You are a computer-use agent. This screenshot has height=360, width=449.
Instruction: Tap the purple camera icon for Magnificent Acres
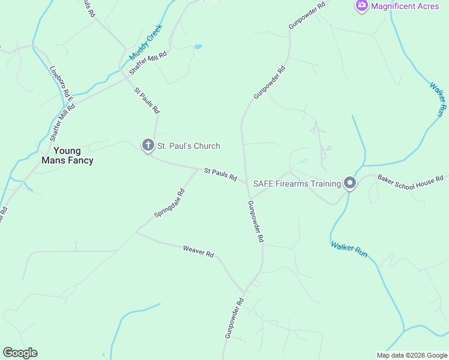362,6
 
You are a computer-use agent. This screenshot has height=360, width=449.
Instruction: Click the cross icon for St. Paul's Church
148,145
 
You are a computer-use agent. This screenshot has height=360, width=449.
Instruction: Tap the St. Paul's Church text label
188,146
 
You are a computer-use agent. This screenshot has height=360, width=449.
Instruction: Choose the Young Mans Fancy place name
67,155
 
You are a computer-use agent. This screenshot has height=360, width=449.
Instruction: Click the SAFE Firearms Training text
297,183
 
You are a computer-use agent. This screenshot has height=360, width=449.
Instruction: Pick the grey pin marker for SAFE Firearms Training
350,184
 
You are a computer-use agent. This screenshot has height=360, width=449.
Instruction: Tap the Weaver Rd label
199,252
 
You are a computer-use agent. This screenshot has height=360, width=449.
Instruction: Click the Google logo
20,353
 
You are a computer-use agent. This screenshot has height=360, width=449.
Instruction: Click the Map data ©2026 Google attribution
412,355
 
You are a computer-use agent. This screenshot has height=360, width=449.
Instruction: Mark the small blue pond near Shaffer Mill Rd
197,46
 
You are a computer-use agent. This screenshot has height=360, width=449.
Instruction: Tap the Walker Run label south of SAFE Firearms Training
349,249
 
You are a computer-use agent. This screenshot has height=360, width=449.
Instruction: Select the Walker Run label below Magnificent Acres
439,98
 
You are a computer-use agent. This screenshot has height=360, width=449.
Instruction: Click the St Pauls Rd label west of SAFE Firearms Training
220,175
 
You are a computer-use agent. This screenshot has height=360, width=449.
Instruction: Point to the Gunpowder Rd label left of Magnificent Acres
306,15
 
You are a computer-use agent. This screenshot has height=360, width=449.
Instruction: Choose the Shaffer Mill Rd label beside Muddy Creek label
147,62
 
